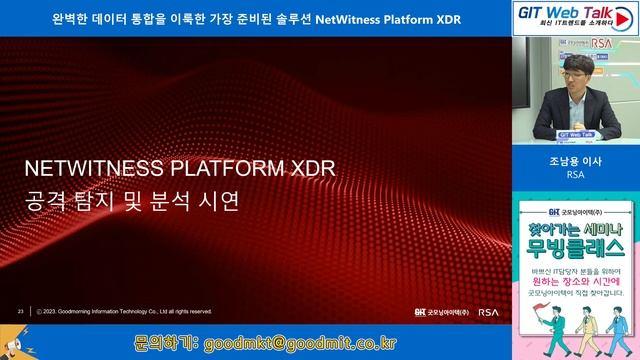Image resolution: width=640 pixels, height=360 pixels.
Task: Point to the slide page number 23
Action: [20, 311]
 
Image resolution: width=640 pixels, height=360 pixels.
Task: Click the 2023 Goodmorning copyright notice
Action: [124, 311]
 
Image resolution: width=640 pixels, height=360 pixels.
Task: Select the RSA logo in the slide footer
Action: [488, 311]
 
